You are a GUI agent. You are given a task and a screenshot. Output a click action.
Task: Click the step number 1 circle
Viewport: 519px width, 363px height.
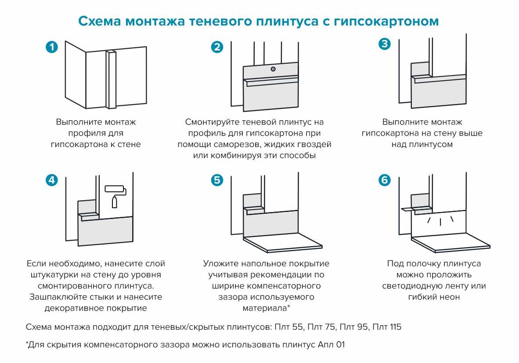pyautogui.click(x=52, y=47)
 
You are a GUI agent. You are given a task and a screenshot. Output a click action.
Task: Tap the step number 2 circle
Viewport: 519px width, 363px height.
pyautogui.click(x=217, y=47)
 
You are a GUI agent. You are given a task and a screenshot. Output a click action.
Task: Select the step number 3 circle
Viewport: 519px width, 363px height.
pyautogui.click(x=384, y=44)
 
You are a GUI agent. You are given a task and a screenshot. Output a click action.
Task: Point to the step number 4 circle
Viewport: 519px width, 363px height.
pyautogui.click(x=52, y=180)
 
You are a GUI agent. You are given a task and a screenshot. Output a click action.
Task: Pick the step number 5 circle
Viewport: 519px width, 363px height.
pyautogui.click(x=217, y=180)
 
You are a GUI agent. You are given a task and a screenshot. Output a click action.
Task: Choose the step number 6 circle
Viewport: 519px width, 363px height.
pyautogui.click(x=384, y=180)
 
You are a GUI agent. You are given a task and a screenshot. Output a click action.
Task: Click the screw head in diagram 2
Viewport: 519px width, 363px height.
pyautogui.click(x=273, y=69)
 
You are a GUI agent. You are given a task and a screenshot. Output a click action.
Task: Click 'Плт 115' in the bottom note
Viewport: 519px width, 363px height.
pyautogui.click(x=386, y=327)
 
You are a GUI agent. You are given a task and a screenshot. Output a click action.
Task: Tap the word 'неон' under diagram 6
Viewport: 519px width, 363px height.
pyautogui.click(x=450, y=297)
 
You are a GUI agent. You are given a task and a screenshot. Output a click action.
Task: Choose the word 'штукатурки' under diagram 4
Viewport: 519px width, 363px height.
pyautogui.click(x=51, y=275)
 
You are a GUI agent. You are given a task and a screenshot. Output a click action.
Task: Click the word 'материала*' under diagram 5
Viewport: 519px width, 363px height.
pyautogui.click(x=266, y=308)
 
